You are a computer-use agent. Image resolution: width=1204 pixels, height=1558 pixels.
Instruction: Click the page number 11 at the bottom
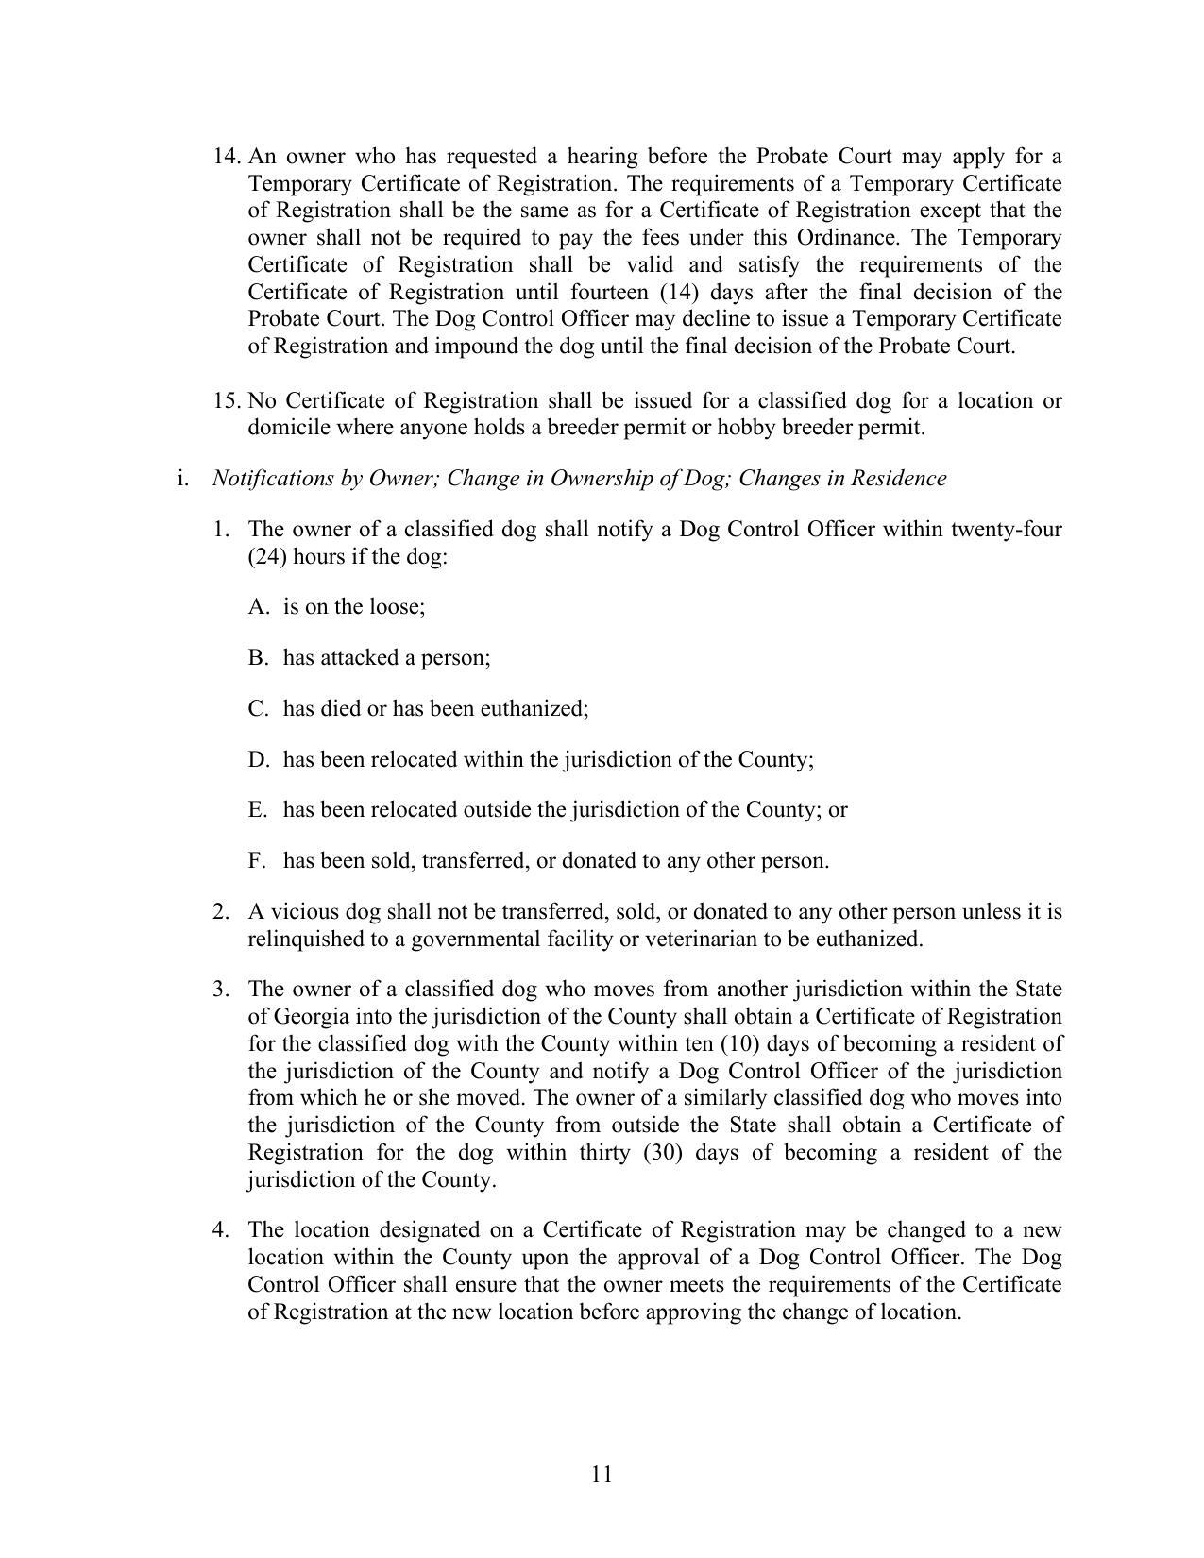click(602, 1474)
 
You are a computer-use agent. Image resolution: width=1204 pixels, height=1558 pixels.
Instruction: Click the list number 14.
click(227, 156)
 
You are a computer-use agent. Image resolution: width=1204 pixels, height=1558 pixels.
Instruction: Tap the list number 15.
click(227, 400)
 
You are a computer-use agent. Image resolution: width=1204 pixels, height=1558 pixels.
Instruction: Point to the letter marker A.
click(259, 606)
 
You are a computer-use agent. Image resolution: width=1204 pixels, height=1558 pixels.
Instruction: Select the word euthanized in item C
click(534, 708)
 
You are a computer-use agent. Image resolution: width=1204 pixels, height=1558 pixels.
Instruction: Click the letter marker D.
click(259, 759)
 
